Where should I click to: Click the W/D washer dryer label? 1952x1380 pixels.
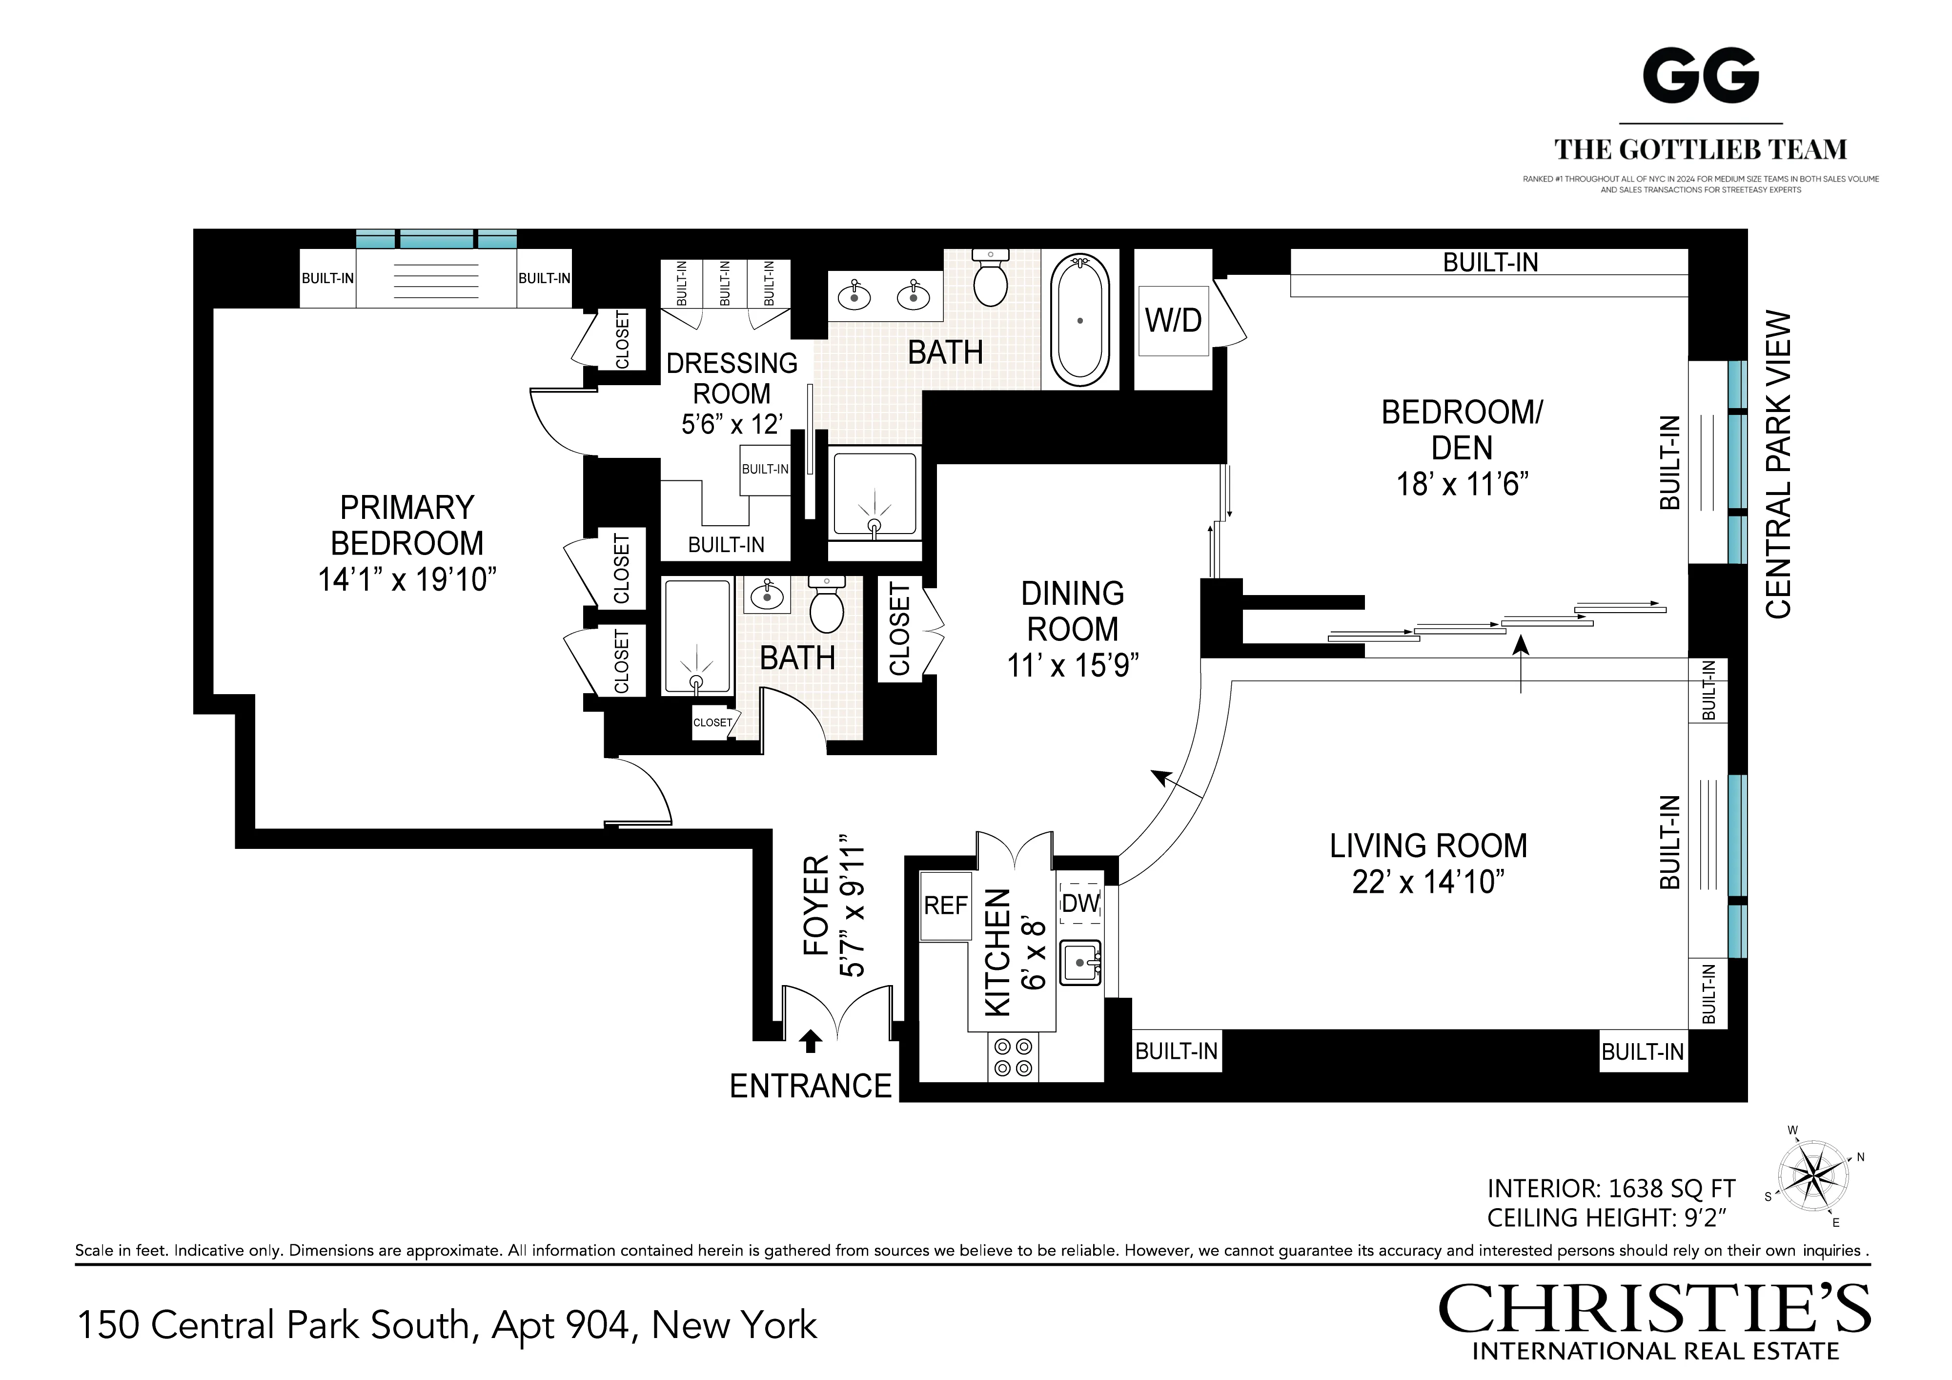pyautogui.click(x=1173, y=321)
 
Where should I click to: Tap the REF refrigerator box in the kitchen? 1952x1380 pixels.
pyautogui.click(x=945, y=906)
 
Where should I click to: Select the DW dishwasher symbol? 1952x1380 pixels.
pyautogui.click(x=1080, y=903)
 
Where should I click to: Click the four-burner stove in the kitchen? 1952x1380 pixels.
pyautogui.click(x=1013, y=1057)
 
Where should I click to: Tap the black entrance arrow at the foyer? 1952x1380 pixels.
pyautogui.click(x=811, y=1041)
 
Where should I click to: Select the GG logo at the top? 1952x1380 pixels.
pyautogui.click(x=1700, y=77)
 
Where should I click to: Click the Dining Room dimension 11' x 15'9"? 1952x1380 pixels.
pyautogui.click(x=1073, y=665)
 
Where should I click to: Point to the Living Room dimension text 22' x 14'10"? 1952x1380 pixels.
pyautogui.click(x=1428, y=882)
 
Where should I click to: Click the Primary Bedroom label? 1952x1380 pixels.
pyautogui.click(x=407, y=525)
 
